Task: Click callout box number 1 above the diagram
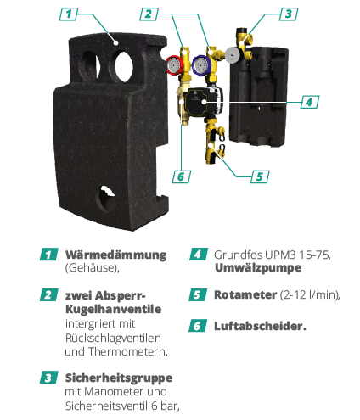pos(69,14)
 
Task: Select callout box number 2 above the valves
pos(149,14)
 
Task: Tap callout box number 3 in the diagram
pos(289,14)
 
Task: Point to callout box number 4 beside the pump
pos(310,102)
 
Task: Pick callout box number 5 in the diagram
pos(260,176)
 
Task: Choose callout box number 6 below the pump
pos(181,176)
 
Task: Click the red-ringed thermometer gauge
pos(173,65)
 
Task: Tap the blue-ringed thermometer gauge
pos(201,65)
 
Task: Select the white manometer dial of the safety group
pos(233,54)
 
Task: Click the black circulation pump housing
pos(203,102)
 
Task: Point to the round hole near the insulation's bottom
pos(106,199)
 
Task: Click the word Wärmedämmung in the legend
pos(115,255)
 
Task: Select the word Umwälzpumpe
pos(258,268)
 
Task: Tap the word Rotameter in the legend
pos(245,294)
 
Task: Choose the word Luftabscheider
pos(260,326)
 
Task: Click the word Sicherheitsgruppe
pos(119,378)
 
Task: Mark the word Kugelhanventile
pos(113,309)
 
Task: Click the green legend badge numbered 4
pos(199,255)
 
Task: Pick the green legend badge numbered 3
pos(49,378)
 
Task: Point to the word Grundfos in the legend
pos(239,255)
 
